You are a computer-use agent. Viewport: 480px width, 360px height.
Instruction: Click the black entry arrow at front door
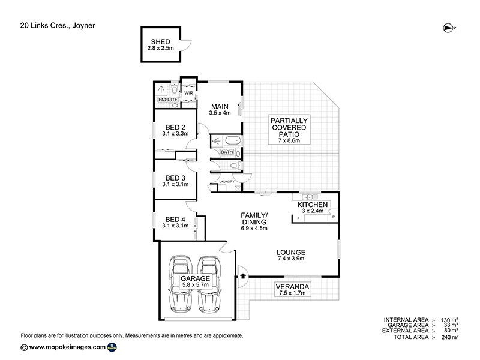(242, 276)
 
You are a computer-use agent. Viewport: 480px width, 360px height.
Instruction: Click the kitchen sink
(310, 196)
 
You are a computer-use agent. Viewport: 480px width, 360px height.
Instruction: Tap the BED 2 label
(175, 127)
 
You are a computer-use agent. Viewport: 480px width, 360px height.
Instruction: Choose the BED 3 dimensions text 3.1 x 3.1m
(175, 184)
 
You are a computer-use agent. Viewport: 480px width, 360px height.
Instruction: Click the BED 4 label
(175, 219)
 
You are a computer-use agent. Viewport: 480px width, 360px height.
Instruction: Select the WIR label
(188, 94)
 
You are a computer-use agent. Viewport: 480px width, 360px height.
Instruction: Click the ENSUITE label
(167, 98)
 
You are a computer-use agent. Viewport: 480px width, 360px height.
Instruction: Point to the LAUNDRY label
(226, 181)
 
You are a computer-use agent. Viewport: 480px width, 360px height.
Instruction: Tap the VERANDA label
(292, 286)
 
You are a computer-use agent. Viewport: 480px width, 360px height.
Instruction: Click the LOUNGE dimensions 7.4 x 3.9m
(291, 259)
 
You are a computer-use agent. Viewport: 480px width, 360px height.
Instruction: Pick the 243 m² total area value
(449, 338)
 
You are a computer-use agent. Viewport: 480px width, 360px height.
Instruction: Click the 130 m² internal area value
(449, 320)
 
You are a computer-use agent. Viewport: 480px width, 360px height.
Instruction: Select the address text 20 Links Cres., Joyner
(58, 26)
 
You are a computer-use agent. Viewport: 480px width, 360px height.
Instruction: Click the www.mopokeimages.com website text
(67, 347)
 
